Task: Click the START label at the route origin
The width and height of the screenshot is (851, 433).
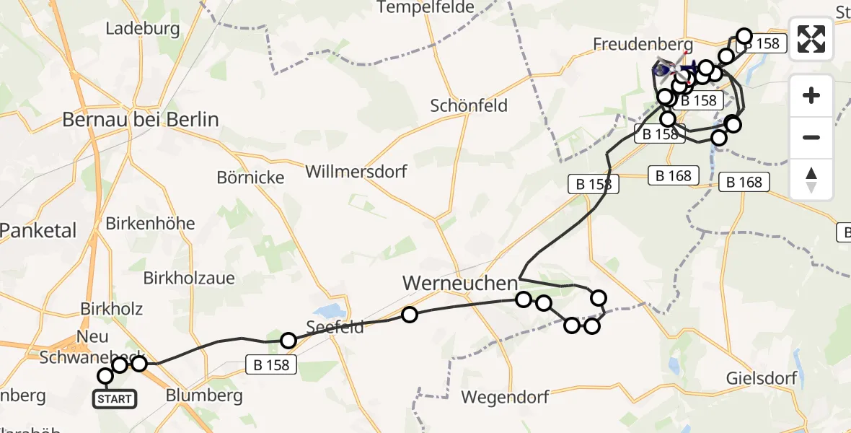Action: pyautogui.click(x=115, y=398)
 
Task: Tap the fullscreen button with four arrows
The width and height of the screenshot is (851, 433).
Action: pyautogui.click(x=811, y=38)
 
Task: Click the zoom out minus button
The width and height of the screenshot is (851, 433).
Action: pyautogui.click(x=811, y=137)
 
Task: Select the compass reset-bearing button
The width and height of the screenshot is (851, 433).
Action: pyautogui.click(x=811, y=180)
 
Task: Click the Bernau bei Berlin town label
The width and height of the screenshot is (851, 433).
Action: pyautogui.click(x=141, y=119)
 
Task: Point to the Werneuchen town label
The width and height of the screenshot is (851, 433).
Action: pyautogui.click(x=460, y=284)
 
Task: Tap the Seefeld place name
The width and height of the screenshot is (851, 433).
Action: pyautogui.click(x=335, y=327)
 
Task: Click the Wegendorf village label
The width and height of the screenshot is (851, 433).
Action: pyautogui.click(x=505, y=397)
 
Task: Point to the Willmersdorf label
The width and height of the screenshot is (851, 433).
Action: pyautogui.click(x=356, y=172)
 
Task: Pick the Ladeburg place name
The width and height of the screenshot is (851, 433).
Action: pyautogui.click(x=142, y=29)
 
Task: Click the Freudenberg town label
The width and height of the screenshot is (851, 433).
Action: pyautogui.click(x=643, y=44)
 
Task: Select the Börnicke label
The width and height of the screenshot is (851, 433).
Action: pyautogui.click(x=250, y=177)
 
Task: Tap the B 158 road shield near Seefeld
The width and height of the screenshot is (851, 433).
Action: pyautogui.click(x=272, y=365)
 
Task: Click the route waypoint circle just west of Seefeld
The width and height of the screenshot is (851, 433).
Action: pyautogui.click(x=288, y=341)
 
